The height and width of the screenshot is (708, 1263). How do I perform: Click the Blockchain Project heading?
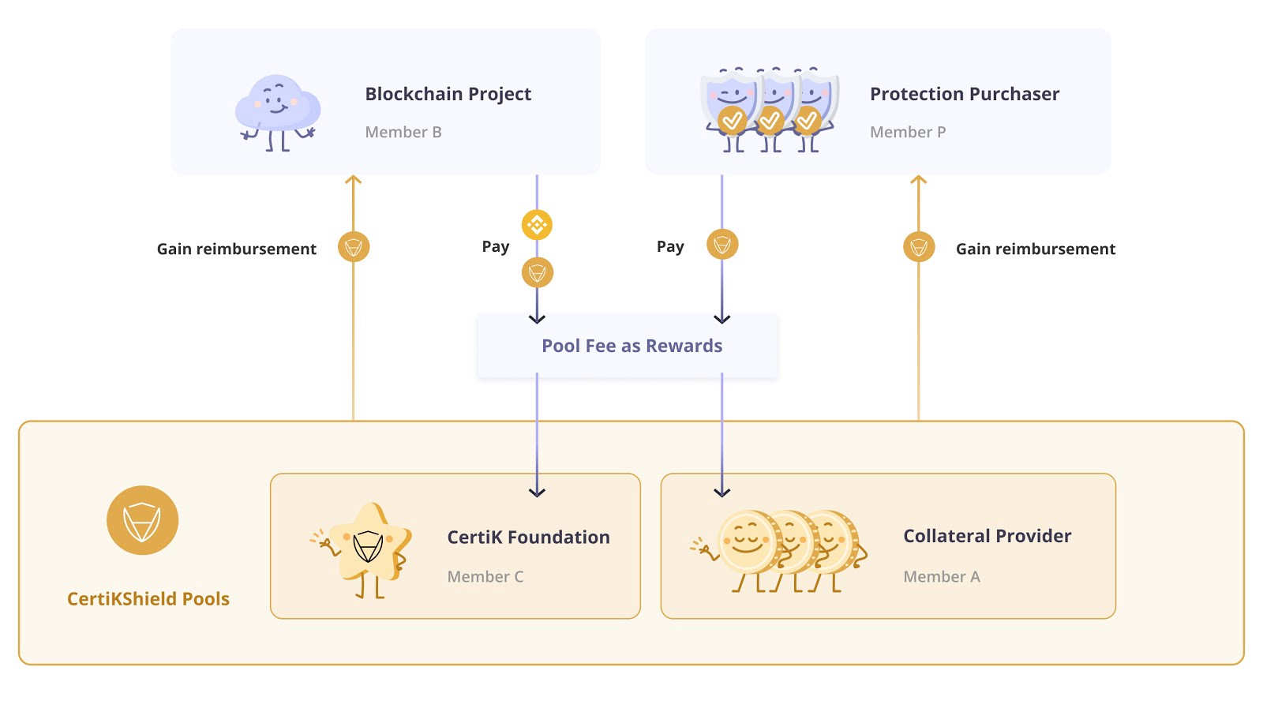click(448, 94)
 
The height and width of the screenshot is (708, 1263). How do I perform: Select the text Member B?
click(403, 132)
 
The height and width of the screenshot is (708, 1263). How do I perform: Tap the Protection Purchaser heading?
click(964, 94)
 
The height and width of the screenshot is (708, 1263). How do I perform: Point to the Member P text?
click(907, 132)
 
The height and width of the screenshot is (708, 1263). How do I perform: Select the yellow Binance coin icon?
click(537, 225)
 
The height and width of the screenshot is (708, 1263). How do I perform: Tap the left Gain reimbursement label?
click(236, 249)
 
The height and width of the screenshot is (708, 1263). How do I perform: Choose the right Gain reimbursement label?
click(1035, 249)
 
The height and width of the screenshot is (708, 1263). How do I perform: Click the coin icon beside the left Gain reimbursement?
click(354, 247)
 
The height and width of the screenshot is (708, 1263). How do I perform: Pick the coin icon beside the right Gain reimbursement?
click(919, 247)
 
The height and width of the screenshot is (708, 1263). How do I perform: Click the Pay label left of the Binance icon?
click(496, 246)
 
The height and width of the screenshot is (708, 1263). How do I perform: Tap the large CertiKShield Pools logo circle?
click(142, 520)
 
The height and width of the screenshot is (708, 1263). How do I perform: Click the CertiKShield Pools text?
click(148, 598)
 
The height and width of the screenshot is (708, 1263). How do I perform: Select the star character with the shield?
click(366, 547)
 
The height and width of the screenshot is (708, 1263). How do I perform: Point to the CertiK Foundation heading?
click(528, 537)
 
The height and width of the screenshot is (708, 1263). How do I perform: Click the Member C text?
click(485, 576)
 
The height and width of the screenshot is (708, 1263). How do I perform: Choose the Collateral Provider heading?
click(987, 536)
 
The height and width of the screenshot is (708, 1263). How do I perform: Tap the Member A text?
click(941, 576)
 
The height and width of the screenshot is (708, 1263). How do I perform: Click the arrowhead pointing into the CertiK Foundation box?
click(537, 492)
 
